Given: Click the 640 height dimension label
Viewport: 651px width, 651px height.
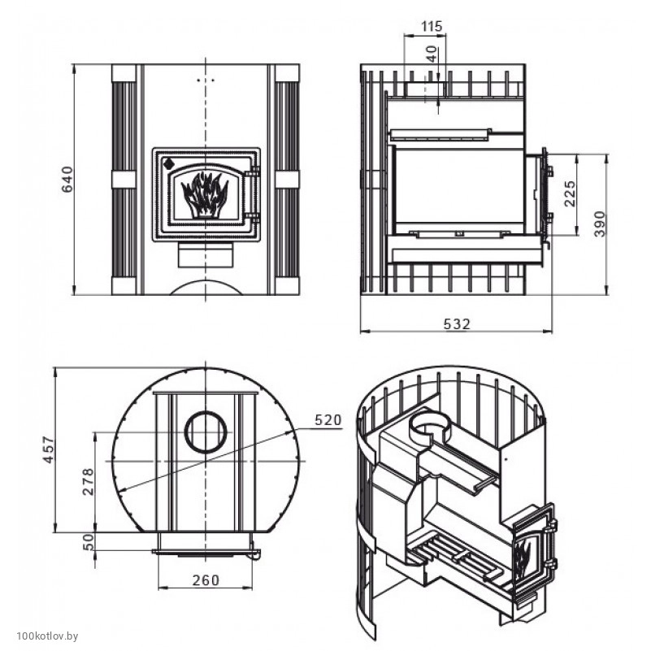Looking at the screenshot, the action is (67, 180).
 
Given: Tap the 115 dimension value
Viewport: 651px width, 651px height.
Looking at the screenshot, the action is (432, 26).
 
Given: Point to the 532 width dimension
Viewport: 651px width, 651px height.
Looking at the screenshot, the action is (457, 323).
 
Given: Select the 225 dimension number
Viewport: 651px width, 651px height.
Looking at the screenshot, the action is (570, 193).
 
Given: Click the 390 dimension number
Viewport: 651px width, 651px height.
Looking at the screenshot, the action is (600, 224).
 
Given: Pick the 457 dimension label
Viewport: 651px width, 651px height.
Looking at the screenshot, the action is (49, 449).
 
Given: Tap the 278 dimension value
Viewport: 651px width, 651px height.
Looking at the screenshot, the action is (89, 482).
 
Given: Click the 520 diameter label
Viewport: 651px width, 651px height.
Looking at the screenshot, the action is (328, 419).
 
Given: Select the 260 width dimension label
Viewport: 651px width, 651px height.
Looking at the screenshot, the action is (206, 580).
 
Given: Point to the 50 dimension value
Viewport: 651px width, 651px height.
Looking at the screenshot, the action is (89, 542).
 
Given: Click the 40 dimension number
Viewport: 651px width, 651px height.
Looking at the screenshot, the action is (432, 54).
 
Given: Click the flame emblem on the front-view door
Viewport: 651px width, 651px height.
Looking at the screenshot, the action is (204, 194).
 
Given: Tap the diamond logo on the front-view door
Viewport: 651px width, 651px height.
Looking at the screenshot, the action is (169, 163).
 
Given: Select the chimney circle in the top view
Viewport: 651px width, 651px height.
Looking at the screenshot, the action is (206, 432).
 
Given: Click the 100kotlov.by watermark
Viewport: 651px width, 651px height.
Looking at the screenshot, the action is (47, 636).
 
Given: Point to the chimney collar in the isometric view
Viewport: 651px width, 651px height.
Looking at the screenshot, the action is (429, 427).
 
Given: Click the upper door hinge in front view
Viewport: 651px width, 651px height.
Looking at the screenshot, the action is (253, 171).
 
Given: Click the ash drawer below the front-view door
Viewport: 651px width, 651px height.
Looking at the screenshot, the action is (206, 254).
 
